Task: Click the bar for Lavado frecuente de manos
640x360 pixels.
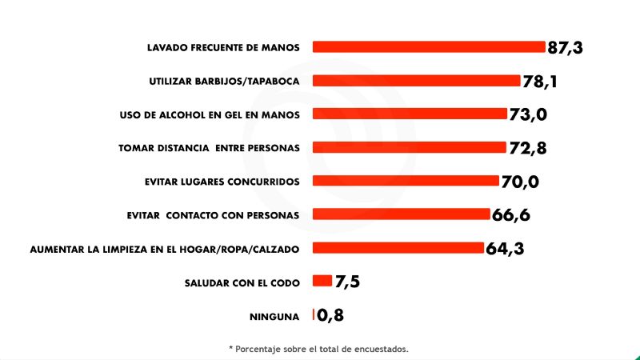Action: click(428, 46)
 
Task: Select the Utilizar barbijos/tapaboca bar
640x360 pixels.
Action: click(416, 80)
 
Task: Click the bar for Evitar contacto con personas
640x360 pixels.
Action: click(401, 214)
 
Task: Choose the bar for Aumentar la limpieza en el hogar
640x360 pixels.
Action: click(398, 248)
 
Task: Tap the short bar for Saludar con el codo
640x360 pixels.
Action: click(322, 281)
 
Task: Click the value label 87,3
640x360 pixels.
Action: click(566, 48)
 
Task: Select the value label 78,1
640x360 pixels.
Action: click(541, 82)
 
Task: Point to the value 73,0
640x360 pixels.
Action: click(528, 115)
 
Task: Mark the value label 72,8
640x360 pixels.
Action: click(528, 148)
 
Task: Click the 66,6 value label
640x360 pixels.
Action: click(512, 215)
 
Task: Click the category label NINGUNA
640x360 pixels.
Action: click(274, 316)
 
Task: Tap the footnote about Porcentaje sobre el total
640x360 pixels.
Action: click(319, 348)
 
